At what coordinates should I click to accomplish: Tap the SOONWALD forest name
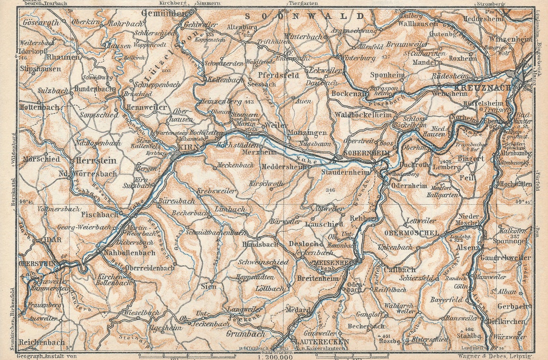306,16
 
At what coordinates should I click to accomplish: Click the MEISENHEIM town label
334,262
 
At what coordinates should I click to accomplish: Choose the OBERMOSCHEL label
412,233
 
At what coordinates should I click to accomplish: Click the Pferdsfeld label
278,75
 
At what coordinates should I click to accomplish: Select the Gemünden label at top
163,13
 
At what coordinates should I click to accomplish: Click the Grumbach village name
245,334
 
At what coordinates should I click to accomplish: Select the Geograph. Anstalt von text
46,356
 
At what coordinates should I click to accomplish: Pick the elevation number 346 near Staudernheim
330,190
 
